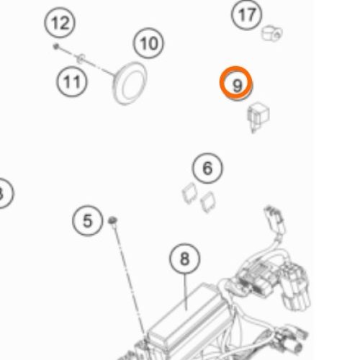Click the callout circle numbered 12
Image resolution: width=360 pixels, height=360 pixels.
coord(60,22)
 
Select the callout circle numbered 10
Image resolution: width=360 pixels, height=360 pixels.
coord(148,43)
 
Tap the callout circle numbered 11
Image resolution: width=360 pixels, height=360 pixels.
coord(72,81)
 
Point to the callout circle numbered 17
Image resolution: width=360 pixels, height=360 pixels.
coord(246,14)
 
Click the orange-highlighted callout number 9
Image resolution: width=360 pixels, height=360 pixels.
coord(236,83)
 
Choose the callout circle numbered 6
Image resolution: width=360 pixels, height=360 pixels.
coord(207,168)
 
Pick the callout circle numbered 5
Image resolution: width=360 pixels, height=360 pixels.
coord(88,220)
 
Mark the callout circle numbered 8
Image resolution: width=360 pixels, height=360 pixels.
coord(184,258)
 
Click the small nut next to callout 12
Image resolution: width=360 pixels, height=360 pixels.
coord(56,46)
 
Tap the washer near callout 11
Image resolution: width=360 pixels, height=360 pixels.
coord(81,58)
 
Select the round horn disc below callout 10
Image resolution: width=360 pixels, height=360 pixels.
coord(130,83)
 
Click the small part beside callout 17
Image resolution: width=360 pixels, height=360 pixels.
coord(271,33)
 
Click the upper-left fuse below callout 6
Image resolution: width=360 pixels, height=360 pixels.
coord(189,193)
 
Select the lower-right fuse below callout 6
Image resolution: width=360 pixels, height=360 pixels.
coord(208,202)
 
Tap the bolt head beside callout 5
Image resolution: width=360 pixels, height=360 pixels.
coord(112,220)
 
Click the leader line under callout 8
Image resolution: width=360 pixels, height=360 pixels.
coord(185,292)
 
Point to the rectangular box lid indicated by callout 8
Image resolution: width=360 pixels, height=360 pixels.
coord(185,312)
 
